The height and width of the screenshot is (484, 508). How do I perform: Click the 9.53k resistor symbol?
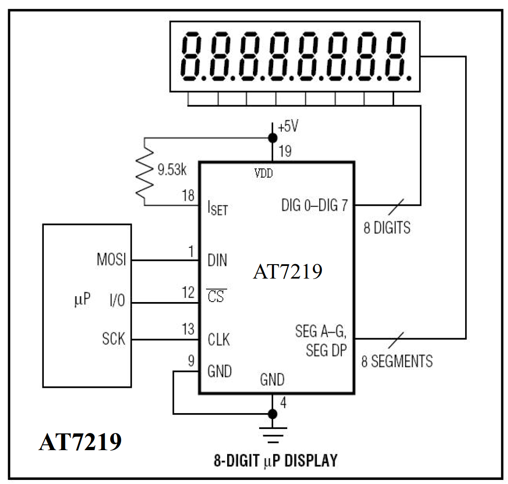point(144,172)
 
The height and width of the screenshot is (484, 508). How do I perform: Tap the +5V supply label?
point(288,127)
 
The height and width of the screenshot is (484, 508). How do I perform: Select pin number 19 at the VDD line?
point(285,151)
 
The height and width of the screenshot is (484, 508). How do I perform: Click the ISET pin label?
point(217,208)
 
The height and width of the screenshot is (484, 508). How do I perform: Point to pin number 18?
point(187,195)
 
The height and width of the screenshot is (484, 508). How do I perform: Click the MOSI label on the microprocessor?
point(111,260)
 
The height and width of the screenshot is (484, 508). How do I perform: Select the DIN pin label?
point(217,261)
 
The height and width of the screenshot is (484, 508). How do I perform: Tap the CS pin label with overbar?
point(216,296)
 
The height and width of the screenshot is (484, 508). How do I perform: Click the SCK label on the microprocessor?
point(113,339)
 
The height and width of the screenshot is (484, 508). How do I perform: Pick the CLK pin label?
point(219,340)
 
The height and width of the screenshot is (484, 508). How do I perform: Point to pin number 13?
point(188,329)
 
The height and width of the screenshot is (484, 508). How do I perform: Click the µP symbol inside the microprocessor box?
point(82,299)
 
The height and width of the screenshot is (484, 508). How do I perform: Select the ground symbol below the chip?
point(272,431)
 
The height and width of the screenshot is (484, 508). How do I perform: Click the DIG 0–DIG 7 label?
point(315,205)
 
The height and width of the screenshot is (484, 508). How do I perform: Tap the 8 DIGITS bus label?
point(387,228)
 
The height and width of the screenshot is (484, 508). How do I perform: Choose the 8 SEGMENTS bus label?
point(397,361)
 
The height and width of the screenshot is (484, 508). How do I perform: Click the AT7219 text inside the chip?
point(287,272)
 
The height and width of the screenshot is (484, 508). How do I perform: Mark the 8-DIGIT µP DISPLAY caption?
point(275,461)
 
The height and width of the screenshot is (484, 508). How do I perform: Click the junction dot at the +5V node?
point(272,137)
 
